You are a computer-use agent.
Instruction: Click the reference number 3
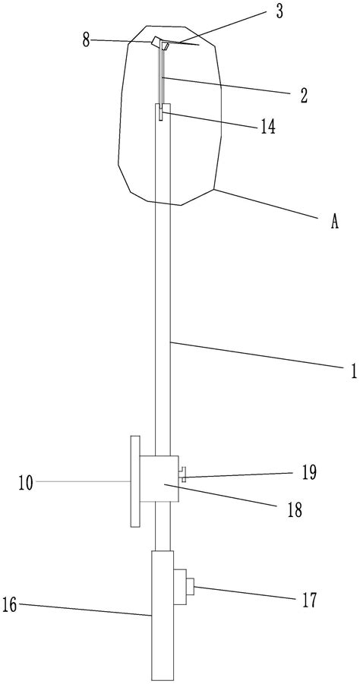pos(279,12)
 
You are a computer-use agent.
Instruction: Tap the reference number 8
pos(86,41)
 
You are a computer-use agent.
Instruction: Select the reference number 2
pos(304,96)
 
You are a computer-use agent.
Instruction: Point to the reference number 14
pos(268,127)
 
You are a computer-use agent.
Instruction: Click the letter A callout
pos(334,222)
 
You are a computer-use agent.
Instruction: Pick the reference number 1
pos(353,370)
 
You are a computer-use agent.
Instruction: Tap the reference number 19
pos(309,472)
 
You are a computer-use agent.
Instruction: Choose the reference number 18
pos(295,510)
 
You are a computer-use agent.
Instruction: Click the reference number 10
pos(26,483)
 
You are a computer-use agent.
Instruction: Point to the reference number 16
pos(10,606)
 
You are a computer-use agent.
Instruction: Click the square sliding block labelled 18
pos(159,479)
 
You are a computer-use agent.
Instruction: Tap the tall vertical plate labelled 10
pos(135,481)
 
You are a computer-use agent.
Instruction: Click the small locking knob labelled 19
pos(183,474)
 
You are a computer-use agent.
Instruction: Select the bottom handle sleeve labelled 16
pos(163,615)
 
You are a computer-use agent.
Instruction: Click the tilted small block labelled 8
pos(156,43)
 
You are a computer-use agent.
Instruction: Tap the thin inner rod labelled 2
pos(163,77)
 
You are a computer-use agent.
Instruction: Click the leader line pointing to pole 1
pos(256,356)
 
